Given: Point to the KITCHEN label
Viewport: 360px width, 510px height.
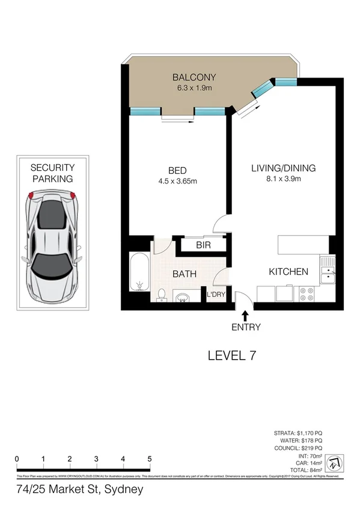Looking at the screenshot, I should click(288, 272).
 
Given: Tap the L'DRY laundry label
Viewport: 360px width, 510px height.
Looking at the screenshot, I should click(216, 295).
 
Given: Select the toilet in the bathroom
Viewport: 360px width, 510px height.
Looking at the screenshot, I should click(160, 294).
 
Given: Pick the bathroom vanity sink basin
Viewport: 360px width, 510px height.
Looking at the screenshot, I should click(183, 297).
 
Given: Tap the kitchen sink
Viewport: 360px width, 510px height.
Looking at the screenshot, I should click(328, 271).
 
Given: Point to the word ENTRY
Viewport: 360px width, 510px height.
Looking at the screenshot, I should click(245, 327).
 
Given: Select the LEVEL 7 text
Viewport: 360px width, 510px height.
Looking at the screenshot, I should click(232, 355).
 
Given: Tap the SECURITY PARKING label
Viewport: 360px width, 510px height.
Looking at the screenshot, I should click(52, 173).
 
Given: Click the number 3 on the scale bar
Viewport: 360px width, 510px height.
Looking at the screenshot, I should click(96, 459).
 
